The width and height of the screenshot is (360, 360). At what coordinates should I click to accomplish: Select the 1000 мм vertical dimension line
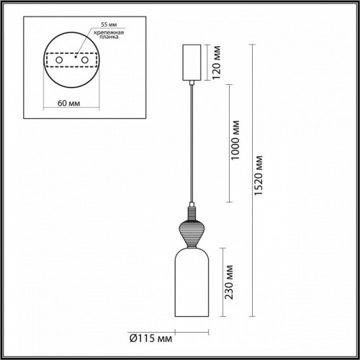pyautogui.click(x=229, y=143)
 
